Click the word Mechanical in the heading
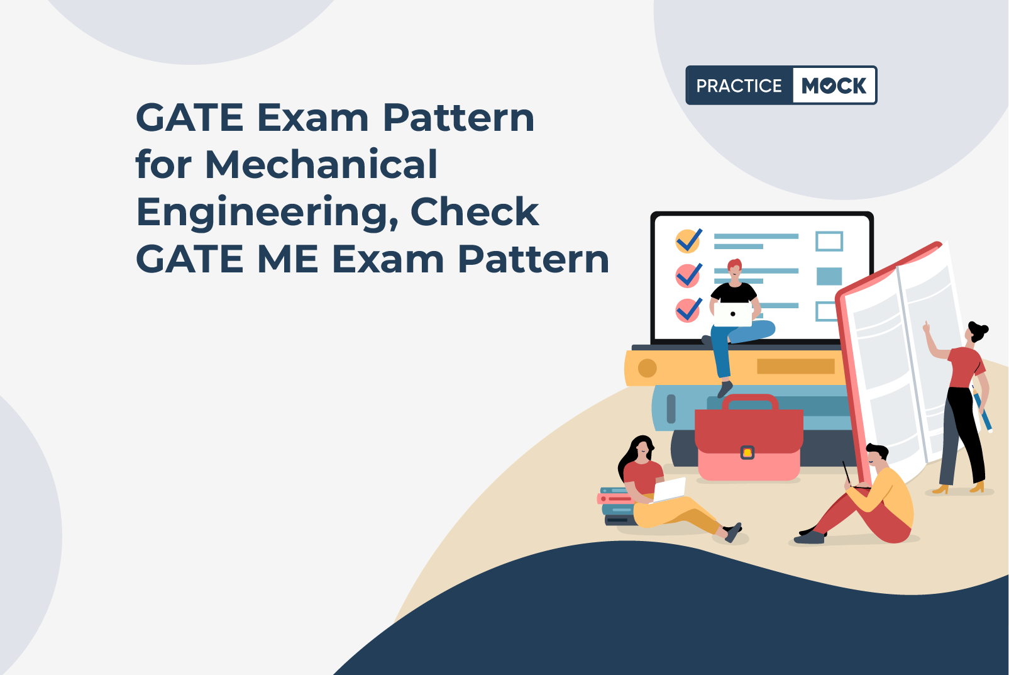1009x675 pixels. tap(321, 164)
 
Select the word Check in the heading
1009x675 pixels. tap(475, 211)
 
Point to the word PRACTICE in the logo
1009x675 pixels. tap(739, 86)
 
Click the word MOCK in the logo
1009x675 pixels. tap(834, 85)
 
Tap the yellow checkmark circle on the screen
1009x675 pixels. tap(687, 241)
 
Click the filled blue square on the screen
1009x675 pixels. tap(829, 276)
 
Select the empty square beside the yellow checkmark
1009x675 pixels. tap(829, 242)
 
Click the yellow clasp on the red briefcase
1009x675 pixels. tap(747, 452)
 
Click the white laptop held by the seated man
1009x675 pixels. tap(733, 314)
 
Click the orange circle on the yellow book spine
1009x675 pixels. tap(648, 368)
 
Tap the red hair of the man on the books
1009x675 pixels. tap(735, 264)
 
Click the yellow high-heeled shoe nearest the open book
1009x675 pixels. tap(940, 489)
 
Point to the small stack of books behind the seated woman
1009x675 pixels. tap(616, 506)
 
